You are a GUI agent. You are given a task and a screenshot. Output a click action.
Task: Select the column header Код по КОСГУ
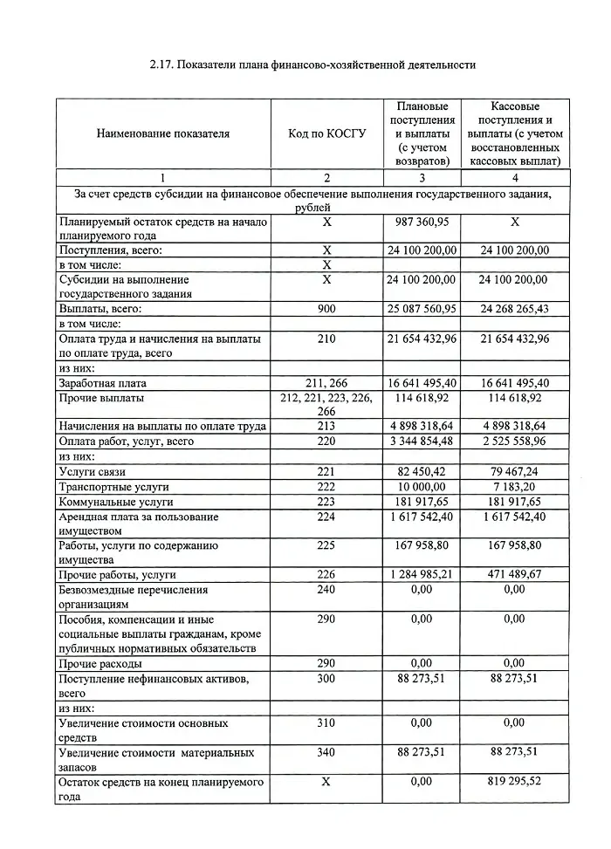click(x=327, y=134)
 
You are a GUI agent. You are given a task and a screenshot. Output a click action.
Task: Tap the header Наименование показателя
click(x=163, y=134)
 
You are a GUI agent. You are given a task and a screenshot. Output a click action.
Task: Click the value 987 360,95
click(x=422, y=223)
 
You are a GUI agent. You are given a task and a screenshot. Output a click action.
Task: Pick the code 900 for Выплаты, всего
click(x=327, y=309)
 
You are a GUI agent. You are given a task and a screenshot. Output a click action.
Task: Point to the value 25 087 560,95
click(x=422, y=309)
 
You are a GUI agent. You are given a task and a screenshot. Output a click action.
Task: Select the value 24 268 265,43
click(x=515, y=309)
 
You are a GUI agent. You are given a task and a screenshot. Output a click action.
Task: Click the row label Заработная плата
click(x=102, y=383)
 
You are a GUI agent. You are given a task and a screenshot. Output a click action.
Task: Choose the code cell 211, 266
click(x=327, y=383)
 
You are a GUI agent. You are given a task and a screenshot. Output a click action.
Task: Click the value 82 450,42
click(x=422, y=472)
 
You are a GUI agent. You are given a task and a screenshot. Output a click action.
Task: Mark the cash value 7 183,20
click(x=515, y=487)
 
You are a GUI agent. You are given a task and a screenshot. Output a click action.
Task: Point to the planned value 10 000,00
click(x=422, y=487)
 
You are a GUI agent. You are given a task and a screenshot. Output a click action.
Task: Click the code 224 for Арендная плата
click(x=327, y=517)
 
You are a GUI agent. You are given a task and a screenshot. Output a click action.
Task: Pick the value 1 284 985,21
click(x=422, y=575)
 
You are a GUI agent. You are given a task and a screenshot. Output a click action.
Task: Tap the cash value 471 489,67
click(x=515, y=575)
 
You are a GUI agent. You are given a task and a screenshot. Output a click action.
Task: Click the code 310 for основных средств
click(x=327, y=723)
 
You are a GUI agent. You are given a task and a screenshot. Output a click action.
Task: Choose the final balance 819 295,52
click(x=515, y=782)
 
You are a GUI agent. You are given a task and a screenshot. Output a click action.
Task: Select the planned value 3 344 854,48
click(x=422, y=442)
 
